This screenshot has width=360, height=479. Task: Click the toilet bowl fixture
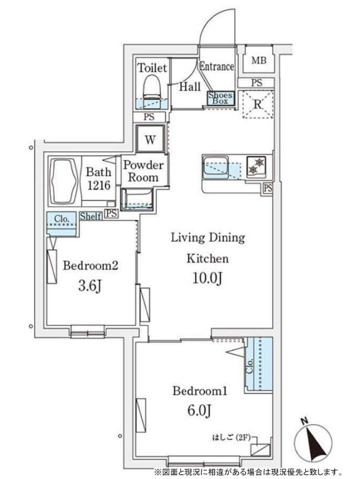click(151, 87)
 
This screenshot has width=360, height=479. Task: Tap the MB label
click(258, 61)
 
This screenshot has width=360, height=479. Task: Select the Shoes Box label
click(220, 98)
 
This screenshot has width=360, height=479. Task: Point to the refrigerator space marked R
click(258, 104)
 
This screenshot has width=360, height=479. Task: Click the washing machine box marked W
click(150, 139)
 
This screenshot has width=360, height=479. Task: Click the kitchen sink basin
click(215, 166)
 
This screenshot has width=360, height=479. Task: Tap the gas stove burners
click(256, 166)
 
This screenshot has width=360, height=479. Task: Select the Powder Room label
click(143, 171)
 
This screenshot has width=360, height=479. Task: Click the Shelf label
click(90, 216)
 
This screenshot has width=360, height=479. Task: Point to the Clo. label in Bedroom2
click(61, 219)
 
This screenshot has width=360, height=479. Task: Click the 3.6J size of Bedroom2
click(90, 286)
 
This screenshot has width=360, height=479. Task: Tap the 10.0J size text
click(207, 278)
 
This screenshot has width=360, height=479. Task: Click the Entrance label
click(217, 67)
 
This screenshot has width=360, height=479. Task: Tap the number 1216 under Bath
click(99, 185)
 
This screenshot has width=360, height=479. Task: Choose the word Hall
click(190, 87)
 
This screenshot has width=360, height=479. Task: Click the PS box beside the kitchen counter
click(268, 188)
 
